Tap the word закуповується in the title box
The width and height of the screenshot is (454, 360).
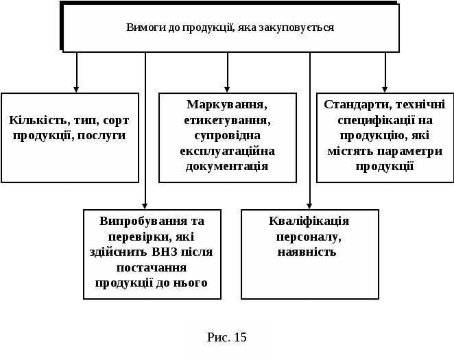302,27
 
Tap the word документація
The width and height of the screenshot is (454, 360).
227,165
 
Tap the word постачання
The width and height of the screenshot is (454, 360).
152,267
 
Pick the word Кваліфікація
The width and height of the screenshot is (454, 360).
309,221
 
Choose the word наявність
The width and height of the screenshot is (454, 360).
307,252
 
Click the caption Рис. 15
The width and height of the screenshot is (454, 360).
227,337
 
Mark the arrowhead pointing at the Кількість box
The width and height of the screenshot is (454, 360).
76,88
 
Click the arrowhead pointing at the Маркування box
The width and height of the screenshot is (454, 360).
227,88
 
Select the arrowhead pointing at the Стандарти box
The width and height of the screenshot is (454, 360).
385,88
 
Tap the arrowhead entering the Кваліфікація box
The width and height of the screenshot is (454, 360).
309,205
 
